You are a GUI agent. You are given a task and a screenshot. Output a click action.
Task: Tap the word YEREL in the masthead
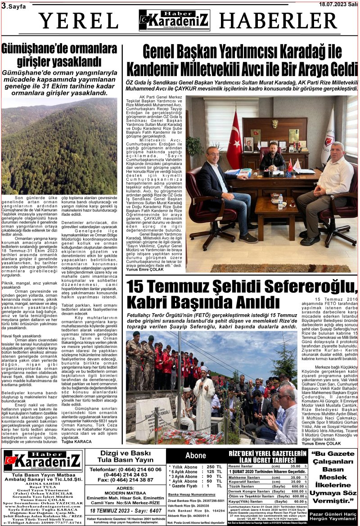(78, 21)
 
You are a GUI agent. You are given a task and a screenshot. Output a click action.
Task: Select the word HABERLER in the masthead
(278, 21)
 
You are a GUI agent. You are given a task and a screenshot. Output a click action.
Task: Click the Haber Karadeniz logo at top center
(174, 20)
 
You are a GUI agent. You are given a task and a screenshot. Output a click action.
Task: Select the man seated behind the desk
(273, 156)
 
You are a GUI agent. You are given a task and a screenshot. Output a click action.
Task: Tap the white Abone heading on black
(195, 455)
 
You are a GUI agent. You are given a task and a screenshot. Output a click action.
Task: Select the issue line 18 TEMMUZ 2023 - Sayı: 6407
(126, 511)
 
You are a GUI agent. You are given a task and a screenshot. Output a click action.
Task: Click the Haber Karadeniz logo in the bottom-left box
(44, 461)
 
